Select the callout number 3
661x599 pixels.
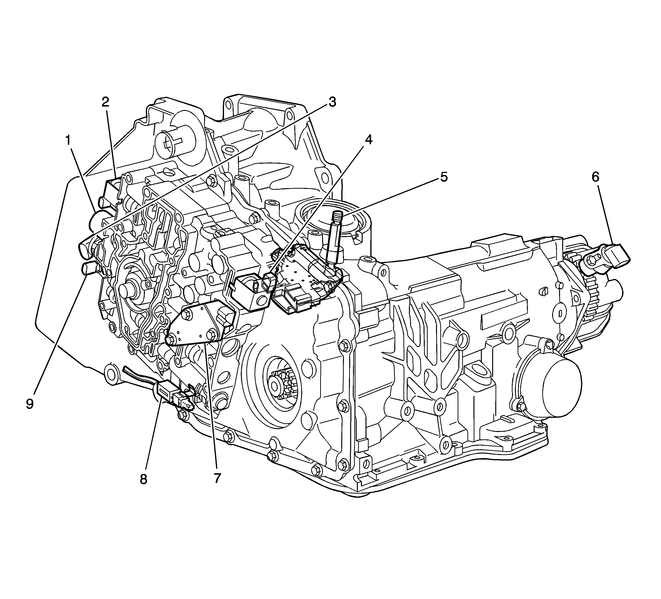[x=332, y=102]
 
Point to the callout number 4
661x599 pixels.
[x=369, y=140]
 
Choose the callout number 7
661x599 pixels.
[x=217, y=478]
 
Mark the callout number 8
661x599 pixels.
[x=143, y=479]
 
